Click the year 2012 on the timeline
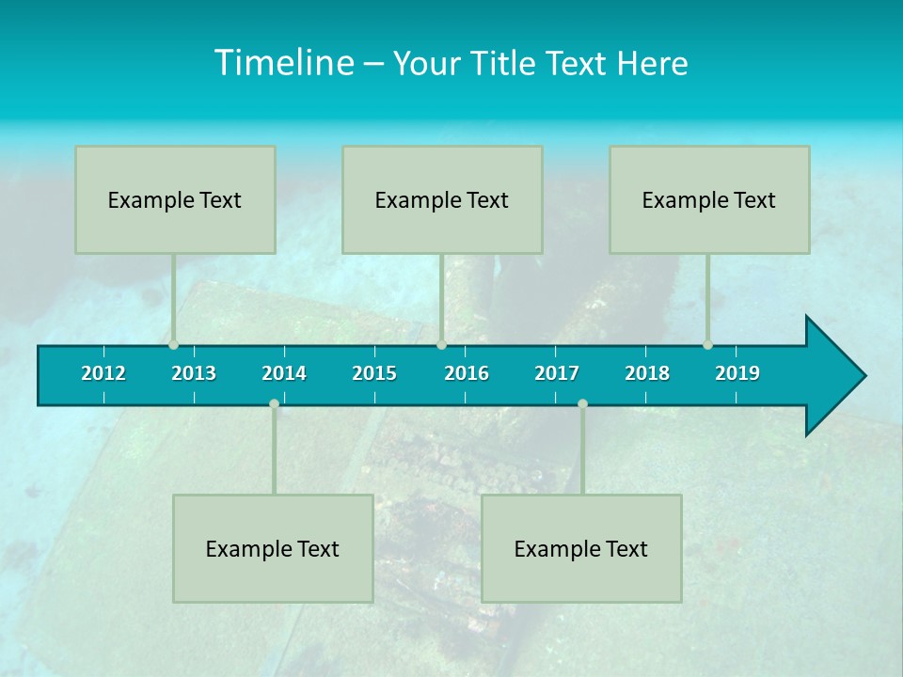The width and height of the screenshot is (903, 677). point(103,373)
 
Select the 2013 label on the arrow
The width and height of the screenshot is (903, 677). point(194,373)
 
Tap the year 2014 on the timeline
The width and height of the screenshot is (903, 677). point(284,373)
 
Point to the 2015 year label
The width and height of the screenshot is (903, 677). point(374,373)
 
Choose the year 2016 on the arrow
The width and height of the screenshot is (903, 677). point(467,373)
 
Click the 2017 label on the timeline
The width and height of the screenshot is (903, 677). point(557,373)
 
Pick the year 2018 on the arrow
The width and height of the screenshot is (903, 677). point(647,373)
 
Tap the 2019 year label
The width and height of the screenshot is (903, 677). point(737,373)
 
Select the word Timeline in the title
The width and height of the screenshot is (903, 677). point(281,63)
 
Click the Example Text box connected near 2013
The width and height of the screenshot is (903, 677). point(175,199)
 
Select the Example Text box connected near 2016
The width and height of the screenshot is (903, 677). point(442,199)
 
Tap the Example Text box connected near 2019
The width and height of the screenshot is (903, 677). point(709,199)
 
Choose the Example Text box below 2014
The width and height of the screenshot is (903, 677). point(273,548)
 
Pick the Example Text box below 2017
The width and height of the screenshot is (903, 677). point(581,548)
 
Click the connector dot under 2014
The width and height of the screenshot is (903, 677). point(274,404)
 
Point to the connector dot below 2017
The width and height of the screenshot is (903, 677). point(582,404)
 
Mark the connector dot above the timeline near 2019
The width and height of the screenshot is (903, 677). point(708,345)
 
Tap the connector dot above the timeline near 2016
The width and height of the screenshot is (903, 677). point(441,345)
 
